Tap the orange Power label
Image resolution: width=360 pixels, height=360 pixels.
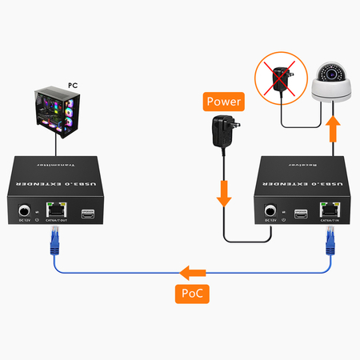224,102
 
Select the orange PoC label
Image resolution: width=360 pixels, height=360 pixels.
193,294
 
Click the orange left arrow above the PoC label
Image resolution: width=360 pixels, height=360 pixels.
193,271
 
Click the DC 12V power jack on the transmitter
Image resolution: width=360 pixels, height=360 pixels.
26,212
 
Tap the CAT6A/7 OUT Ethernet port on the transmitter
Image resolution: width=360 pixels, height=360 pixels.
55,213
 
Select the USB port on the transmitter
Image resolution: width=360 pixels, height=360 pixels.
88,213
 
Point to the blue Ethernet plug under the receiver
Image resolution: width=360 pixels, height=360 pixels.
329,240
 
